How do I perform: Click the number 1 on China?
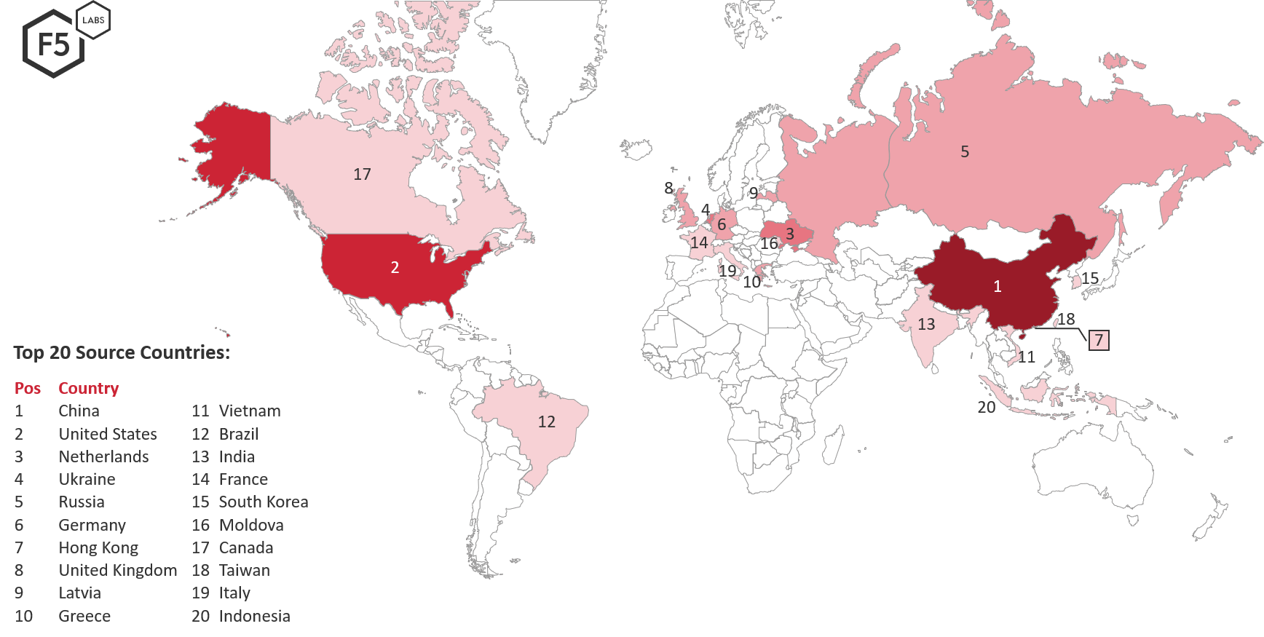(998, 287)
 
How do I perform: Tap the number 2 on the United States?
(395, 268)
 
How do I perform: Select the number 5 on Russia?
(965, 151)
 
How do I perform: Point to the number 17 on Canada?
(362, 174)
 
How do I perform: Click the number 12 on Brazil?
(546, 422)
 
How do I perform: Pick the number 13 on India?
(926, 324)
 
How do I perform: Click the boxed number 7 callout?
(1099, 339)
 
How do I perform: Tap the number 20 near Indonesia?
(986, 408)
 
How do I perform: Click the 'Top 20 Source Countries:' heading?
(122, 353)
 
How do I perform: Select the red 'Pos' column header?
(28, 388)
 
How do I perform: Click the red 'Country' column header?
(88, 388)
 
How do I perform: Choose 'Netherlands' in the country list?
(103, 456)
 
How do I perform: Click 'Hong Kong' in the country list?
(98, 547)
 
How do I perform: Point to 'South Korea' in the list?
(263, 502)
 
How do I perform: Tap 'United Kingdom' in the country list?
(117, 570)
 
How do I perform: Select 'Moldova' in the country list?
(250, 525)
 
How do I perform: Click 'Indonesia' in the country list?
(254, 616)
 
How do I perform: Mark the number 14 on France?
(699, 242)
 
